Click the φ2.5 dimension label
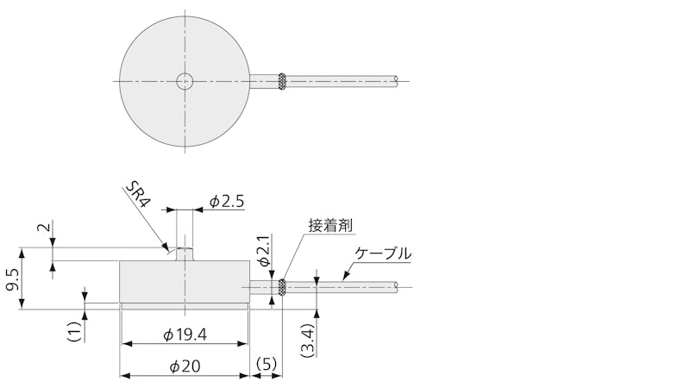tap(226, 202)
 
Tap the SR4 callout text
tap(138, 195)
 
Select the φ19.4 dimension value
tap(185, 335)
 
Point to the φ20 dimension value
tap(185, 366)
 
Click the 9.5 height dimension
tap(13, 279)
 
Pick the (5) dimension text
tap(267, 364)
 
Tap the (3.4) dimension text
tap(308, 340)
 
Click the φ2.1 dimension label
tap(264, 251)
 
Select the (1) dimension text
tap(74, 332)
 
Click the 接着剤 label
tap(330, 226)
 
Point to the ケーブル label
tap(383, 253)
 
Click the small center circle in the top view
tap(185, 81)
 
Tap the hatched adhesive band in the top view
tap(282, 82)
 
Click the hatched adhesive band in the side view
tap(282, 288)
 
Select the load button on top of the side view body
tap(185, 253)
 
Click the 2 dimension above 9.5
tap(43, 227)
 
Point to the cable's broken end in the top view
tap(397, 80)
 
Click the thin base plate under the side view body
tap(185, 306)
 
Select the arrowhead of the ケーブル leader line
tap(347, 274)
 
